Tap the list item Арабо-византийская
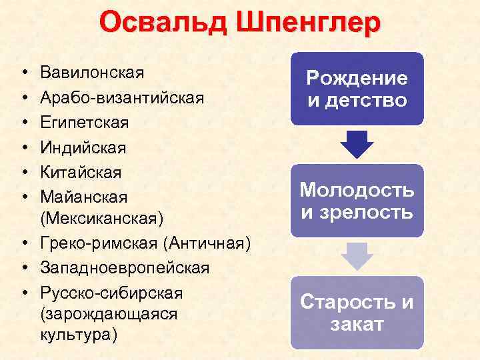coord(121,97)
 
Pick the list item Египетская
coord(84,123)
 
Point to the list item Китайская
coord(81,172)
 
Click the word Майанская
coord(83,197)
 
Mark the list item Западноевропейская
coord(125,268)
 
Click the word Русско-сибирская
coord(111,293)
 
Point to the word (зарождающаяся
coord(109,314)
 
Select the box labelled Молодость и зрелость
coord(357,201)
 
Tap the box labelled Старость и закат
coord(357,313)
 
